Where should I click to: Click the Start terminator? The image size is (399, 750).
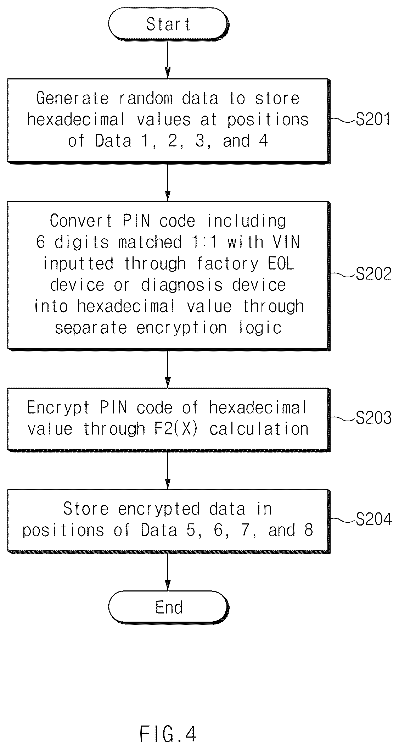pos(168,24)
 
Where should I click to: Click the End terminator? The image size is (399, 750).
pos(168,607)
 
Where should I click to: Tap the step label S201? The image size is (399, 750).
pos(373,120)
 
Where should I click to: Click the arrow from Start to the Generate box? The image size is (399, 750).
pos(168,59)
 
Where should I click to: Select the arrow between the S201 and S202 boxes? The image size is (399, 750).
pos(168,182)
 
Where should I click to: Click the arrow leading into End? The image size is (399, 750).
pos(168,572)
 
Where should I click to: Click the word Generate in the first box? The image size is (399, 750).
pos(72,98)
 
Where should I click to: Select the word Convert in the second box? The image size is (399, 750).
pos(81,221)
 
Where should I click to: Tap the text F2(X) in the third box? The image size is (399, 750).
pos(175,429)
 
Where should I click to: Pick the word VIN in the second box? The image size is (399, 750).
pos(286,242)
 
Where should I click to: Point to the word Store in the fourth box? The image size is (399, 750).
pos(86,509)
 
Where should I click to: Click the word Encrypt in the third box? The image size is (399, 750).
pos(58,408)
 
